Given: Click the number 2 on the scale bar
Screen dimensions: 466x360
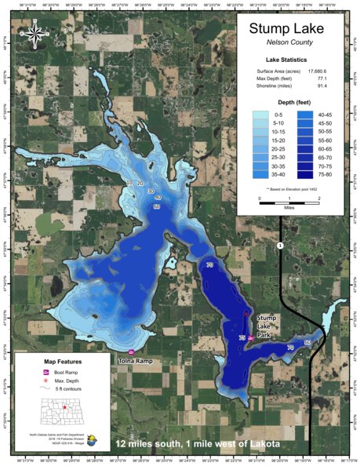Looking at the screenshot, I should coord(319,199).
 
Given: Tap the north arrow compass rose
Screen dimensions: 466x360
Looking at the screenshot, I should coord(36,33).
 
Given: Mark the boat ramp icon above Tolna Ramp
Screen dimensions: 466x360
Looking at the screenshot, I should coord(131,351).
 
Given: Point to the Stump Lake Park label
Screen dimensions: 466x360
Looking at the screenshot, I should coord(264,323).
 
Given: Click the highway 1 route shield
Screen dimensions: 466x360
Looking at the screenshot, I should coord(279,246).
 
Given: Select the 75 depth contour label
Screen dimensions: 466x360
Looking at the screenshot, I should coord(242,337).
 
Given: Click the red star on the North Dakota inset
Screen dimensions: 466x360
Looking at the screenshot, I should coord(64,408).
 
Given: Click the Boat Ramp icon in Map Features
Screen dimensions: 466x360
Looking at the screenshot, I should coord(46,372).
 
